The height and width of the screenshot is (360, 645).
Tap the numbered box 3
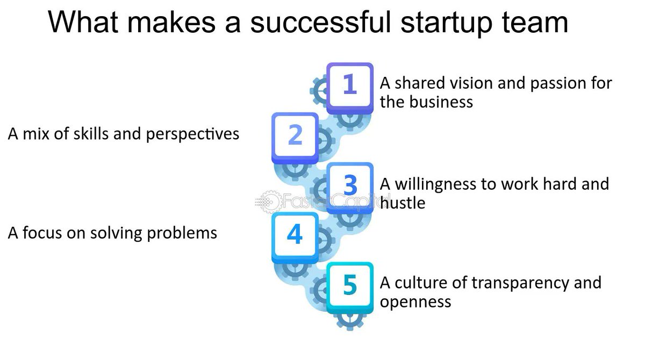pyautogui.click(x=350, y=185)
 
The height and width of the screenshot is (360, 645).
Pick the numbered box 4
pyautogui.click(x=295, y=235)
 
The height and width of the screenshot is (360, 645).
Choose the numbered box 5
pyautogui.click(x=350, y=285)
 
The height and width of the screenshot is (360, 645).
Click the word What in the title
pyautogui.click(x=81, y=22)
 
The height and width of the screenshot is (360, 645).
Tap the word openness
pyautogui.click(x=415, y=301)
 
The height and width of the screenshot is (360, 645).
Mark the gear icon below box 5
pyautogui.click(x=350, y=319)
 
